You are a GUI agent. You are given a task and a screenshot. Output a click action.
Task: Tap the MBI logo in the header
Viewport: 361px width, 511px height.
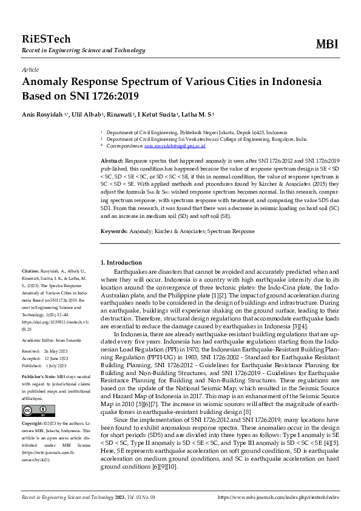(x=328, y=43)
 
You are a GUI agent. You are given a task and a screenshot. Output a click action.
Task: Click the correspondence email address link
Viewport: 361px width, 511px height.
(x=175, y=146)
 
